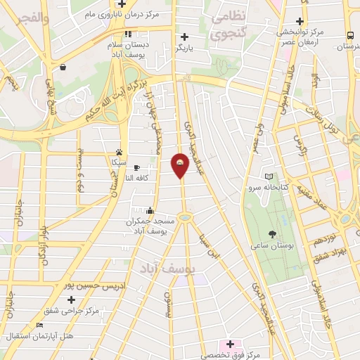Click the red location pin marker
(x=181, y=165)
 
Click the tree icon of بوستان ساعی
(x=272, y=235)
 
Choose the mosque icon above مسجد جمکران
(x=150, y=210)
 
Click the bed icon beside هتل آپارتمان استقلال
(x=39, y=325)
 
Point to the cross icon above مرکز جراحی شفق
(x=71, y=300)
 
